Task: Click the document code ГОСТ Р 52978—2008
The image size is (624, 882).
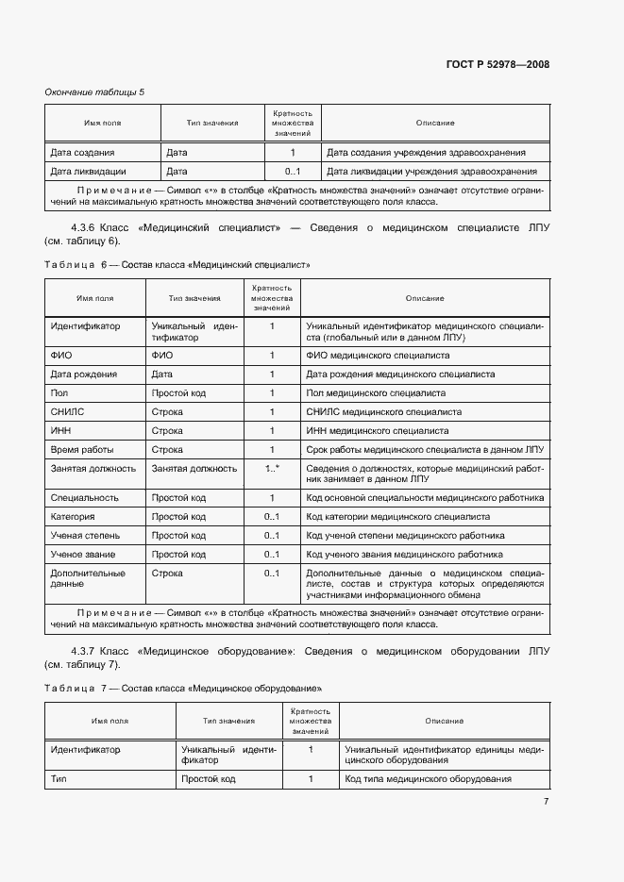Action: pos(498,64)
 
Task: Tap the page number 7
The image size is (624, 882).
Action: pos(546,802)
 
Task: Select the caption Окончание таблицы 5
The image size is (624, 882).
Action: pos(95,92)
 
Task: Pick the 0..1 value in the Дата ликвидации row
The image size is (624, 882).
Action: pos(292,172)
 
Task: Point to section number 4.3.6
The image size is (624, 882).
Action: pos(89,228)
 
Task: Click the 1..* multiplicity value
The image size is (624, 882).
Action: pos(273,468)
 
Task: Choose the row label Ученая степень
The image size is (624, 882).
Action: pos(85,536)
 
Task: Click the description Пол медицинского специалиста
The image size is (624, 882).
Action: pos(377,393)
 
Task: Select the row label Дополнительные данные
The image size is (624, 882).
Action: pos(88,578)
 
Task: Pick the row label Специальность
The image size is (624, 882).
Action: pos(84,498)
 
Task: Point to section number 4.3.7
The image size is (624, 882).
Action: pos(89,652)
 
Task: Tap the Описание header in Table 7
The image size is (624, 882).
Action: pos(444,721)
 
